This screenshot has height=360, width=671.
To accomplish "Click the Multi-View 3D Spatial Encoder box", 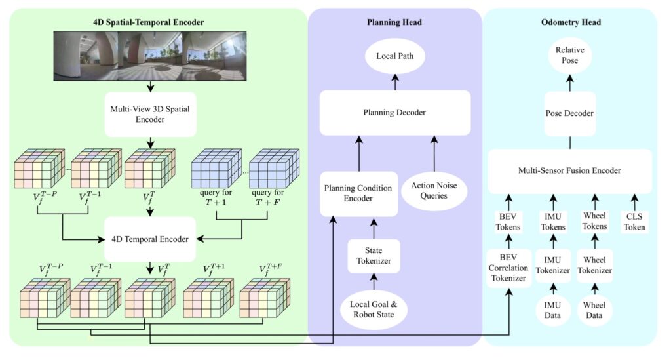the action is [150, 114].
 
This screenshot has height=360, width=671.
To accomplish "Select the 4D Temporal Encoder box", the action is [150, 239].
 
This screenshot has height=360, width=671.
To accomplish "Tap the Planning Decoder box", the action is [394, 113].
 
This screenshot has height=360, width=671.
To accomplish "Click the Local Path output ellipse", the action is [394, 56].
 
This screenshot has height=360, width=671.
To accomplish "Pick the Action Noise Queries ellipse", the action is [434, 190].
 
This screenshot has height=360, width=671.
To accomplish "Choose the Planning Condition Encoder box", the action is [358, 193].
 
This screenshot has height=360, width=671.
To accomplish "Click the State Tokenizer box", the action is [374, 256].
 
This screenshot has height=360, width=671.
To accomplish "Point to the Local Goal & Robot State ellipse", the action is [373, 310].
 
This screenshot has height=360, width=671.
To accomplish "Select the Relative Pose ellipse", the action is [569, 55].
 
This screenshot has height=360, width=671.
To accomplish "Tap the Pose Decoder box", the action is [569, 113].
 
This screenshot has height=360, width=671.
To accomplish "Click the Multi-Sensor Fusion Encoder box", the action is [569, 170].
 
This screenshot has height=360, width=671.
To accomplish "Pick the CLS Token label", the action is [634, 222].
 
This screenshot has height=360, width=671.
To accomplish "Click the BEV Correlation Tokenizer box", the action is [508, 268].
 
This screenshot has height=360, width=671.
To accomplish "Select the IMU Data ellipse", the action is [552, 310].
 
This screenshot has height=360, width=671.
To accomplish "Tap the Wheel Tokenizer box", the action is [595, 266].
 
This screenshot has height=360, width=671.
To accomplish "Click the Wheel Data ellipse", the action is [594, 310].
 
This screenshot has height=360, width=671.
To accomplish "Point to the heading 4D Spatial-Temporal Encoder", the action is [149, 22].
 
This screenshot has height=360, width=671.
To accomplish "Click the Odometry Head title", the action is [571, 22].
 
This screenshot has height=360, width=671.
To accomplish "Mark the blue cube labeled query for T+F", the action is [275, 168].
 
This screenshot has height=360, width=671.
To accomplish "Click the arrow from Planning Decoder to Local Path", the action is [395, 82].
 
